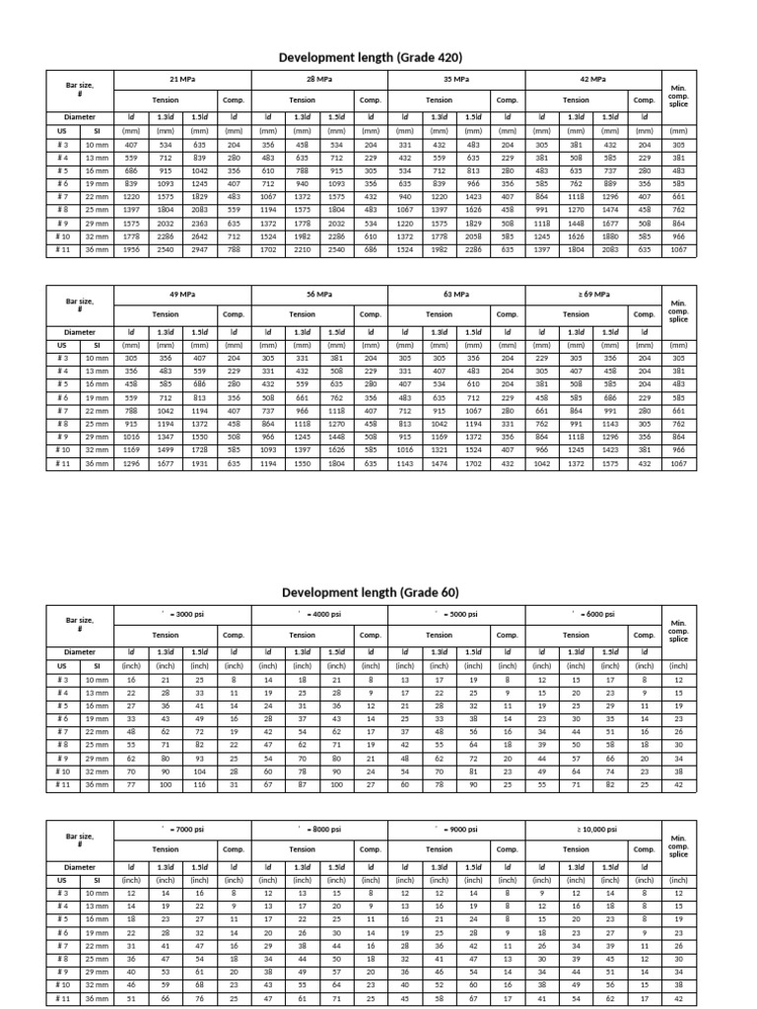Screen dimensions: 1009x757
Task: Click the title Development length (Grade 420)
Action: coord(372,57)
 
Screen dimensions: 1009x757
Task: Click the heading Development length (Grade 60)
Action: coord(372,592)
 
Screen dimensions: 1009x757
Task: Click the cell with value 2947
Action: coord(199,250)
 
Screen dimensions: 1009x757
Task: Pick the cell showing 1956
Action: coord(131,250)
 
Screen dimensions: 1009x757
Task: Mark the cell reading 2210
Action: coord(302,250)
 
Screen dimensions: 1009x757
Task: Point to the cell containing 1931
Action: coord(199,462)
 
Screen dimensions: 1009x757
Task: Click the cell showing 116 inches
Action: coord(199,783)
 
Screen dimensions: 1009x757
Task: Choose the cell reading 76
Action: coord(199,997)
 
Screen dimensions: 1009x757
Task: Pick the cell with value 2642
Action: coord(199,236)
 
